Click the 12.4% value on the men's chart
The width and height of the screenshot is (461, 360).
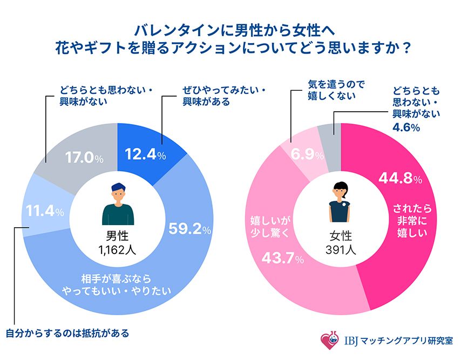(144, 155)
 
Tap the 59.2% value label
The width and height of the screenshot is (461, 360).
(189, 229)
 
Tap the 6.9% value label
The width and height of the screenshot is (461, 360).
(307, 155)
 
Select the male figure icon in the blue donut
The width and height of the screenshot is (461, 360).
(117, 203)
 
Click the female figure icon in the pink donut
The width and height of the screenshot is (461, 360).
(341, 203)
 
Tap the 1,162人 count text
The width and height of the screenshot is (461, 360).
(117, 249)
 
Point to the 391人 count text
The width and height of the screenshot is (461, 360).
(341, 249)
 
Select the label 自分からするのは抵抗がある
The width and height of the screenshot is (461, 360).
(67, 332)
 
